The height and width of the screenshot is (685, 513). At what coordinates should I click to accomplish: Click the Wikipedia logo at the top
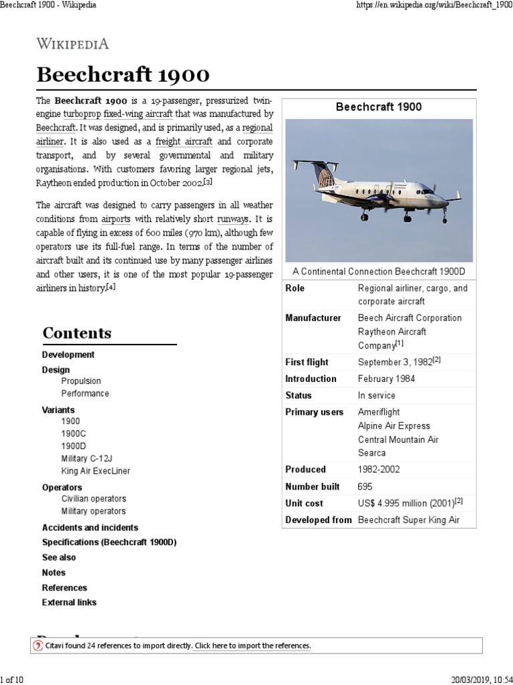72,44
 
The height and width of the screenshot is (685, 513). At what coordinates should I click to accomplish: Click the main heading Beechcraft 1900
123,74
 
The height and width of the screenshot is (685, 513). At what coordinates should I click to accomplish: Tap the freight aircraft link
184,142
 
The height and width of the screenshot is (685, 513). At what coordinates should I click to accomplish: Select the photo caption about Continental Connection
379,271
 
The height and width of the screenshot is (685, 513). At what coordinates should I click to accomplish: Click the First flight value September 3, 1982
395,362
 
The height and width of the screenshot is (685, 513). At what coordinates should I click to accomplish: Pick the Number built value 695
365,486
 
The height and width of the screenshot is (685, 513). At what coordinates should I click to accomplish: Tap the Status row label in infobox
298,395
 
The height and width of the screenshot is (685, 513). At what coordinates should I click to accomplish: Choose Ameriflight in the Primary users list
379,412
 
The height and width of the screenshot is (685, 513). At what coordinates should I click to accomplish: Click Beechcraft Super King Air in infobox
408,520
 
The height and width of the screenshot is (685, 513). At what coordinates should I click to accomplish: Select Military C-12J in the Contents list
87,458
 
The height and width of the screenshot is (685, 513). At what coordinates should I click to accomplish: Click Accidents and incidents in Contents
90,527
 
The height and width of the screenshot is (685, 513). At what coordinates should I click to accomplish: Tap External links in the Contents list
69,602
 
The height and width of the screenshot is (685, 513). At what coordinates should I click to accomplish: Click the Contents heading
77,333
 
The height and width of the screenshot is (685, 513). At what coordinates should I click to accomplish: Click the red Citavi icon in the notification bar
38,646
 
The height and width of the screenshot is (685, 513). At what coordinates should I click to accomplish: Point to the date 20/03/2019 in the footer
469,680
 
